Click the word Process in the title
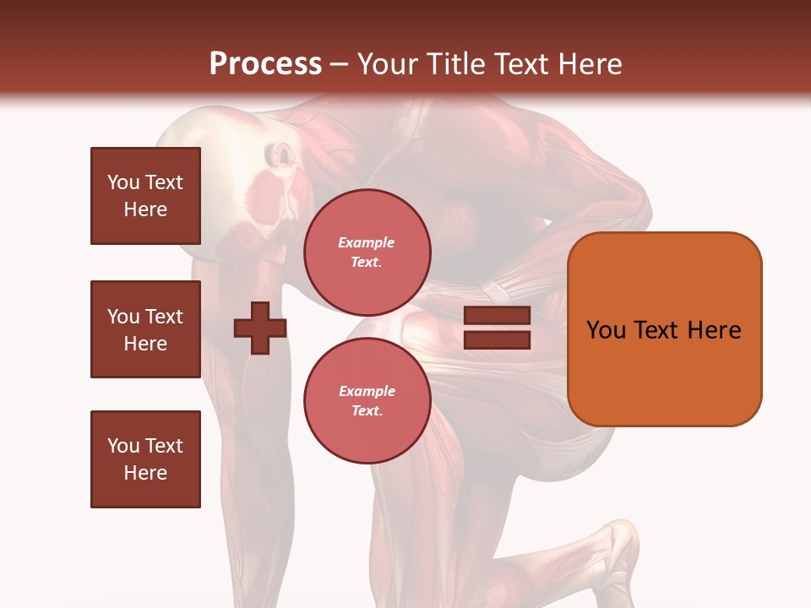coord(265,64)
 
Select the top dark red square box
coord(145,196)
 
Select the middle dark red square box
coord(145,329)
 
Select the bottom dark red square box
coord(145,459)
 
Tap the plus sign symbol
coord(260,328)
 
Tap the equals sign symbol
coord(497,328)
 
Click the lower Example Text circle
coord(367,400)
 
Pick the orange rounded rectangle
coord(664,328)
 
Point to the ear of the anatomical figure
coord(280,156)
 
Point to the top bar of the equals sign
coord(497,316)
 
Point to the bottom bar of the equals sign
coord(497,340)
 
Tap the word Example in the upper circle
coord(367,242)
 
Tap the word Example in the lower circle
coord(367,391)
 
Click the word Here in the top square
coord(145,209)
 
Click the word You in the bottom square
coord(122,445)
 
